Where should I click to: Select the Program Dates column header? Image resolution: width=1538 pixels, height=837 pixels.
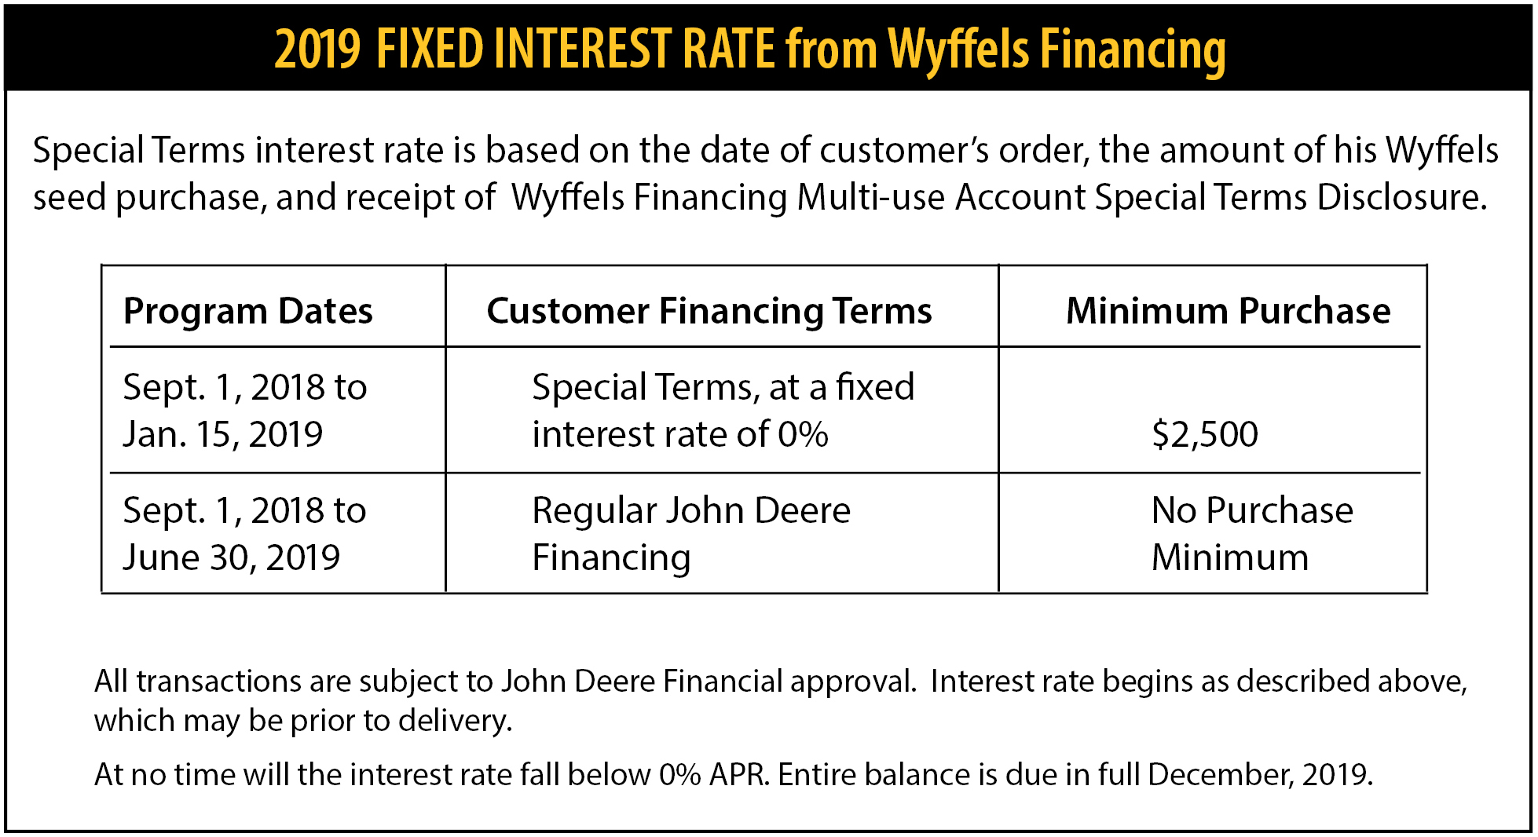tap(248, 311)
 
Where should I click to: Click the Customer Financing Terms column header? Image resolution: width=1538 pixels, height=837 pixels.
tap(709, 312)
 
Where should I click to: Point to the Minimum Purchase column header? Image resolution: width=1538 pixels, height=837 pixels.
tap(1229, 311)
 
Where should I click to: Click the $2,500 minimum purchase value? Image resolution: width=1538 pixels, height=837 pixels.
tap(1205, 434)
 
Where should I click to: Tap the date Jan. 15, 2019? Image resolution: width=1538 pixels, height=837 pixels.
tap(223, 434)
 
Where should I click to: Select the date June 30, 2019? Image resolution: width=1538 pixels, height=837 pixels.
tap(232, 557)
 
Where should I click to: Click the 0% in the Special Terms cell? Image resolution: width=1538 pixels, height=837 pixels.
tap(803, 434)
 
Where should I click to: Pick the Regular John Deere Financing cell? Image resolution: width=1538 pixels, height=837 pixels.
tap(691, 534)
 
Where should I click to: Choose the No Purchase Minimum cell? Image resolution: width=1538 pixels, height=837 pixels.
tap(1252, 534)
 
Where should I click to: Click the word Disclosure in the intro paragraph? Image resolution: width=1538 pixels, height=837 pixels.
tap(1402, 197)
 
